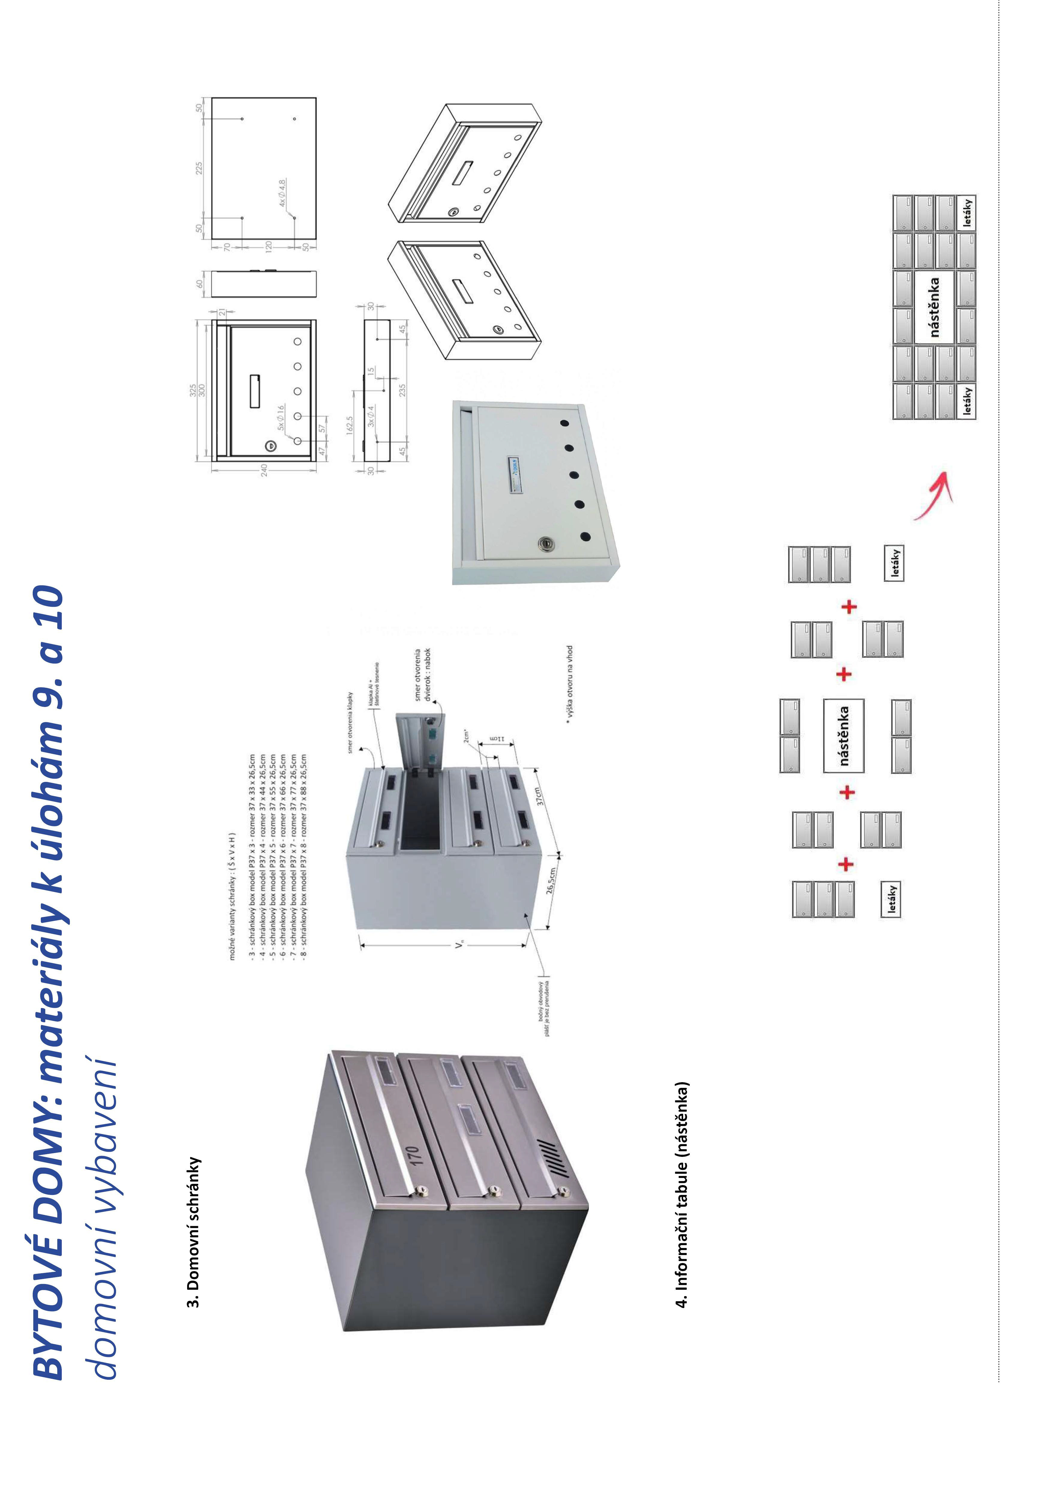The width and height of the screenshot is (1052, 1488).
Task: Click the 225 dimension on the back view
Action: [199, 167]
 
